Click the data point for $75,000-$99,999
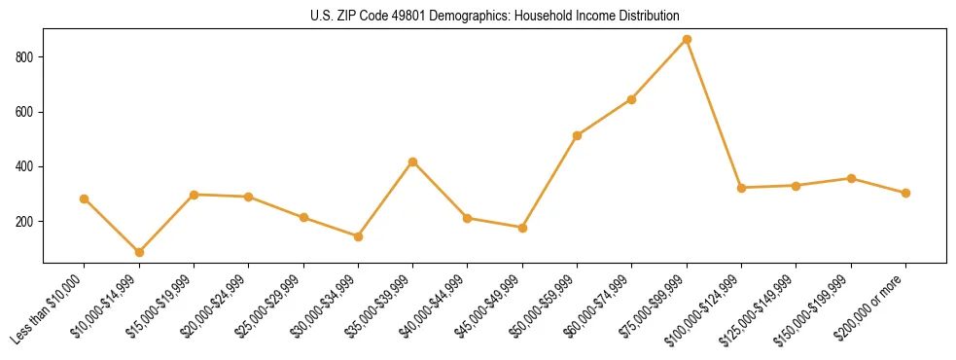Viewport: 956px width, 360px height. (687, 39)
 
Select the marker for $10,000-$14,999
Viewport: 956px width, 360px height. (139, 252)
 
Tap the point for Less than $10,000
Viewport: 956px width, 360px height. (85, 198)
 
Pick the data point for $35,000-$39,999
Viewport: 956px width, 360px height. (413, 162)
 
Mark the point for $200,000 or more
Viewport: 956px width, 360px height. (905, 193)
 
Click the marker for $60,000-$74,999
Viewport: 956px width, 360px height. (632, 99)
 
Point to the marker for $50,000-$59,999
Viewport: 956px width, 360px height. (578, 135)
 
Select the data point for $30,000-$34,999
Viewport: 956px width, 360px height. (358, 236)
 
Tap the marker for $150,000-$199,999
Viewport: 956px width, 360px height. (851, 178)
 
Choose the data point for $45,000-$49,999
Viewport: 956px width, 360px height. (522, 228)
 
